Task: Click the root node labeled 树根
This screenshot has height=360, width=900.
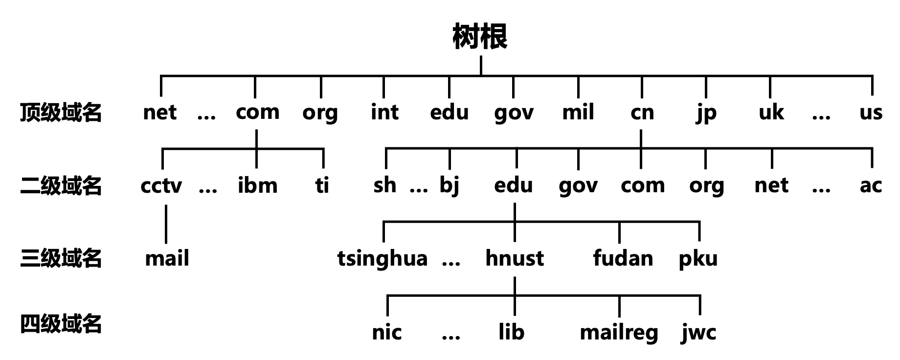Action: click(480, 37)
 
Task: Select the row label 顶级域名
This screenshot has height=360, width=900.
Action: click(61, 112)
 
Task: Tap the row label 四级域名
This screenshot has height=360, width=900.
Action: click(61, 324)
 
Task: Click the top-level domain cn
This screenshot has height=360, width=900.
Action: click(642, 112)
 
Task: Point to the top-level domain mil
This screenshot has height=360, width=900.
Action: click(578, 112)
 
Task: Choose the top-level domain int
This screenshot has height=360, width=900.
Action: click(384, 112)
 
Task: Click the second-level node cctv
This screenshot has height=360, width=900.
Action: click(161, 186)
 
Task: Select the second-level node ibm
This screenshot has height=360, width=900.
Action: click(257, 185)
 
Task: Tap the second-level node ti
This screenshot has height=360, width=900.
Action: click(322, 185)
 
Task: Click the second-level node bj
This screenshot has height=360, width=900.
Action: click(449, 186)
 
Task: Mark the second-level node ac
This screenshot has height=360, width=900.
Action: click(871, 186)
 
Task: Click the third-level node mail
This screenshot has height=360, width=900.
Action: click(167, 258)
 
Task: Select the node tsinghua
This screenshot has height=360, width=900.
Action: click(382, 259)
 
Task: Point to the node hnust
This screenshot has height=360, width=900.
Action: click(515, 258)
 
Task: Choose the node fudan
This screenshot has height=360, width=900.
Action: click(623, 258)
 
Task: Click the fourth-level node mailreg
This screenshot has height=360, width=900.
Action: click(619, 333)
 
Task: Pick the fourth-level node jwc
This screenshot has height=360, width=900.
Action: click(698, 333)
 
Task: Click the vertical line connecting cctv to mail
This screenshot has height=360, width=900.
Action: click(166, 224)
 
